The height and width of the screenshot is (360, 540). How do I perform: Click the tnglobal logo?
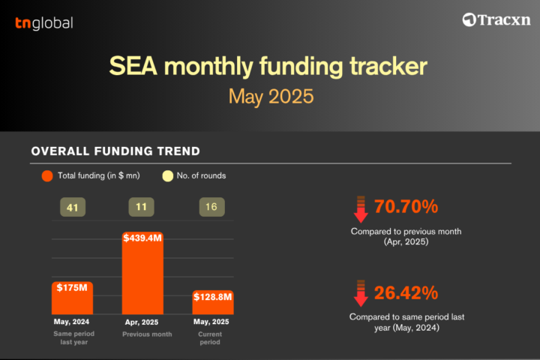tap(44, 23)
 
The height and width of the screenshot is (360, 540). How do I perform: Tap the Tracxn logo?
tap(496, 19)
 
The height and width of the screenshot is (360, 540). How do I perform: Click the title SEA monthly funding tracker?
tap(268, 66)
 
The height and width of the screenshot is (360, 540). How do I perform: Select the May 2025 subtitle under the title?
tap(271, 97)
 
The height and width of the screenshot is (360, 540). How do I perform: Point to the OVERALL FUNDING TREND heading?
tap(115, 151)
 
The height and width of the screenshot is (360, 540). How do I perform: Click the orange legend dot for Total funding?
tap(47, 175)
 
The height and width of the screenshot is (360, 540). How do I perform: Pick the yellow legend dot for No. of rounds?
tap(168, 175)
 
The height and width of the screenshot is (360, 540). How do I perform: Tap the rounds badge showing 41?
tap(73, 207)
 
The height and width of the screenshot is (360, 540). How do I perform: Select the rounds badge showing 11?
tap(141, 207)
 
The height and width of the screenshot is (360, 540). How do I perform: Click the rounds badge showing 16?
tap(211, 207)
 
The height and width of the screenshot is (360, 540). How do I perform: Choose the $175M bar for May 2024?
tap(72, 298)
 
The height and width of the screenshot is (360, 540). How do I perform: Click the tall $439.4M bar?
tap(142, 273)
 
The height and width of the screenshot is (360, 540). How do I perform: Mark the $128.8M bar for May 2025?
tap(213, 302)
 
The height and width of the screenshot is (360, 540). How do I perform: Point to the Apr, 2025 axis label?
tap(142, 322)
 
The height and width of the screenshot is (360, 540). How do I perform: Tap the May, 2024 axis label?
tap(71, 322)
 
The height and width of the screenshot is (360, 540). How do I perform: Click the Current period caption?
tap(210, 338)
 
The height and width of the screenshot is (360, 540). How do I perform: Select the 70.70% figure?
tap(406, 206)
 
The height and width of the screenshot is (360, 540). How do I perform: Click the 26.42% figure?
tap(406, 292)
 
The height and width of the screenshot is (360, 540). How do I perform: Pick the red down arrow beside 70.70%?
tap(361, 209)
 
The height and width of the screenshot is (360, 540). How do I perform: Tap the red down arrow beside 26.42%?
tap(361, 293)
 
